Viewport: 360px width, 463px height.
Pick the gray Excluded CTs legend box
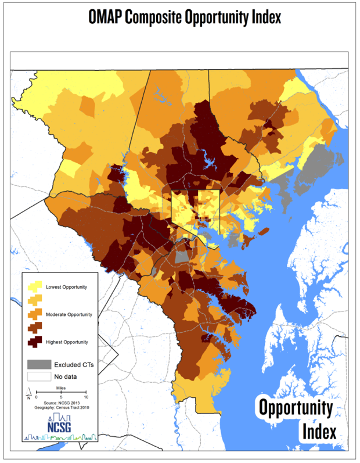(x=36, y=364)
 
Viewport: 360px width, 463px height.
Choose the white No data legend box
(x=36, y=376)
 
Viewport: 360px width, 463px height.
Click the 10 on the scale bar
(x=87, y=397)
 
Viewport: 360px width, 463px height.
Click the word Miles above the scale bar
(x=61, y=387)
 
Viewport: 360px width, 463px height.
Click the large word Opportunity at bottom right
(x=295, y=407)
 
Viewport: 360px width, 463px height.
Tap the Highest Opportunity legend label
(x=67, y=342)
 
